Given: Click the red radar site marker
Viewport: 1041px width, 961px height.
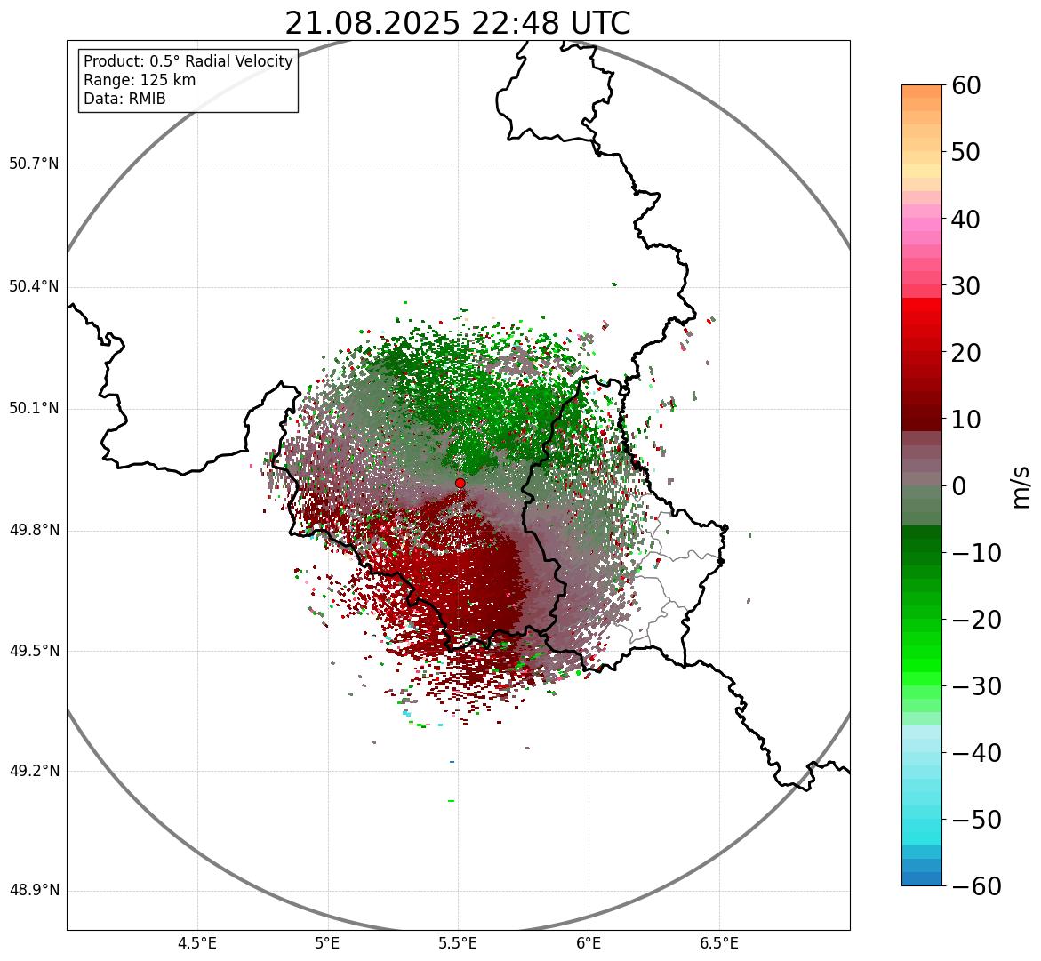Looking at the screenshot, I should click(x=460, y=483).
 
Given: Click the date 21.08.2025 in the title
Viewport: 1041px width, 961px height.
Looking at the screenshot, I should click(x=372, y=23).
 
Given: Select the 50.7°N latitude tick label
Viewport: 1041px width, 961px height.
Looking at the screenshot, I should click(x=34, y=164).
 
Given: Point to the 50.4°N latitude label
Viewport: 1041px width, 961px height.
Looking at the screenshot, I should click(x=34, y=287).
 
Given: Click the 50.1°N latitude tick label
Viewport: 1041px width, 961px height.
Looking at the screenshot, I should click(x=34, y=409).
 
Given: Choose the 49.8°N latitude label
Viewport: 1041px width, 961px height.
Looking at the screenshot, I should click(x=34, y=531).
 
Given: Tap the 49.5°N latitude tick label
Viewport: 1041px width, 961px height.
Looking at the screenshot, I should click(x=34, y=651).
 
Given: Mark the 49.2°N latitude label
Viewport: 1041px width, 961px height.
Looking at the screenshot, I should click(x=34, y=771).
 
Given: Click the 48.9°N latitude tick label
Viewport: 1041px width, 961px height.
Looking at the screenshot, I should click(x=34, y=891).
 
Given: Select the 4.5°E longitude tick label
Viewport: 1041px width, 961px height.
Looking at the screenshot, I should click(x=197, y=943).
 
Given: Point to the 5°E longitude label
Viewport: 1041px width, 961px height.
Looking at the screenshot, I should click(x=328, y=943).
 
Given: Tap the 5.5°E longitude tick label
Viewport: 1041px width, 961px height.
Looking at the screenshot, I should click(x=459, y=943).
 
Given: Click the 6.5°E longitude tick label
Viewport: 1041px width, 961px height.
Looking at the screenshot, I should click(x=719, y=943).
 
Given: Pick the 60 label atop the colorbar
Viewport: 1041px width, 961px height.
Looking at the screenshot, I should click(x=966, y=85).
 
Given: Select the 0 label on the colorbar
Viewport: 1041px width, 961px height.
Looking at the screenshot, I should click(x=958, y=486).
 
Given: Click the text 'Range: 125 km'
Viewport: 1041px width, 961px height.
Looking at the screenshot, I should click(x=140, y=80).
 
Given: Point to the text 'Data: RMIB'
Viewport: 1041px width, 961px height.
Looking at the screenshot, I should click(x=124, y=99).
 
